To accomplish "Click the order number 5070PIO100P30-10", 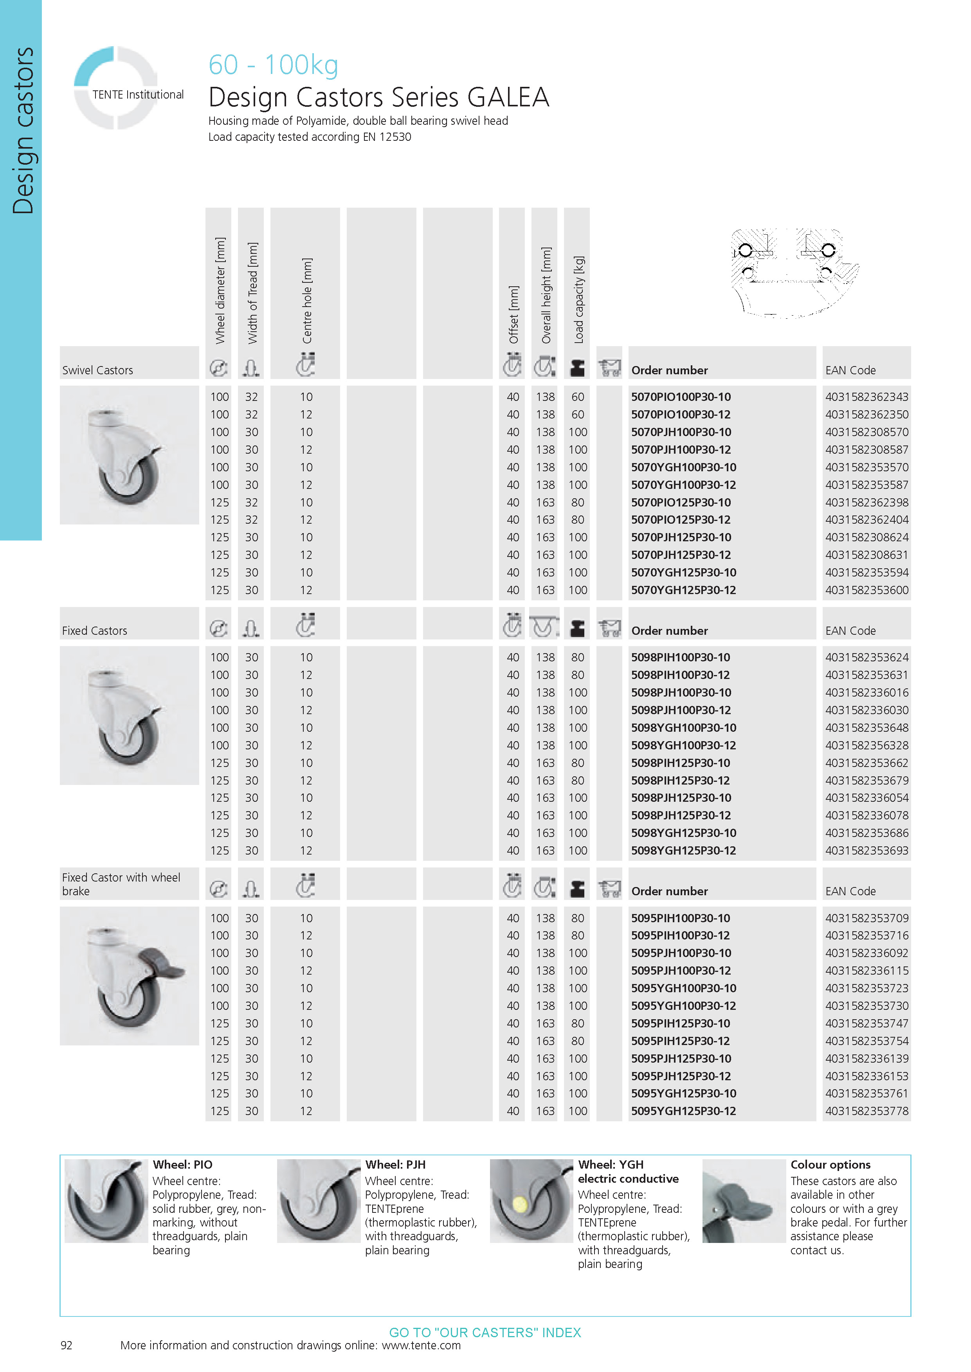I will pyautogui.click(x=681, y=397).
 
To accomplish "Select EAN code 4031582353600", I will pyautogui.click(x=867, y=590).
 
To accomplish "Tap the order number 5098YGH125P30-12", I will pyautogui.click(x=683, y=850).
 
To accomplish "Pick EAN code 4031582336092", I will pyautogui.click(x=867, y=953).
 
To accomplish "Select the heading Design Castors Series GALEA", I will pyautogui.click(x=378, y=97).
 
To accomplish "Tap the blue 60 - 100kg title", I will pyautogui.click(x=273, y=65).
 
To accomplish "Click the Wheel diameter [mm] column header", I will pyautogui.click(x=220, y=291).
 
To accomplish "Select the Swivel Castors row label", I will pyautogui.click(x=97, y=370).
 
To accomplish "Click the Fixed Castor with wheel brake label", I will pyautogui.click(x=121, y=884).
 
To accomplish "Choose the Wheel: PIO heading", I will pyautogui.click(x=182, y=1165).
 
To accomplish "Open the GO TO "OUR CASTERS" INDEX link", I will pyautogui.click(x=485, y=1332).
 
